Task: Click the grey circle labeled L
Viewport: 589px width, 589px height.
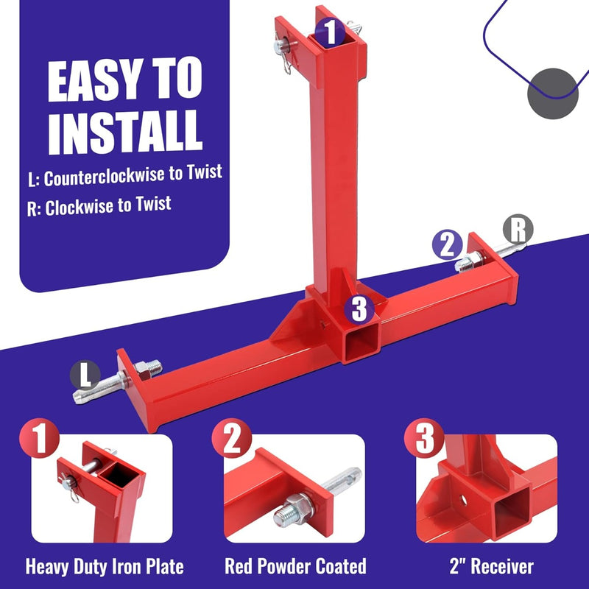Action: [x=85, y=375]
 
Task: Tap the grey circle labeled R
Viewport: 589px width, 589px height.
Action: [x=518, y=229]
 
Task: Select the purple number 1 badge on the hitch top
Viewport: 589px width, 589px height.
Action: [x=330, y=32]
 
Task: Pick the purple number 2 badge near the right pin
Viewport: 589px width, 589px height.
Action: [x=447, y=244]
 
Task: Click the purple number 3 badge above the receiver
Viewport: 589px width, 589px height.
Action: [x=359, y=309]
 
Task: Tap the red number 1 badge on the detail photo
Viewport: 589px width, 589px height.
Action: [x=40, y=438]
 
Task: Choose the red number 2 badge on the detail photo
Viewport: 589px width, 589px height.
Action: [x=232, y=438]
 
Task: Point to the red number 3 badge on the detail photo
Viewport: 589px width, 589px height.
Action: [x=425, y=438]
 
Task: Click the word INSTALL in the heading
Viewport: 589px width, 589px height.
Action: [x=125, y=133]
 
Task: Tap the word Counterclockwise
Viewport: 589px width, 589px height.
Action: [x=104, y=177]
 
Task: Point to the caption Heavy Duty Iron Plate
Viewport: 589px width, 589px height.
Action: [x=105, y=566]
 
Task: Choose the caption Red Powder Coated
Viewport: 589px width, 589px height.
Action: [x=295, y=566]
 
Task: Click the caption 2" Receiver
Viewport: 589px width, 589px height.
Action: [x=491, y=566]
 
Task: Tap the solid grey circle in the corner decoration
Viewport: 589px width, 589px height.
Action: [x=553, y=94]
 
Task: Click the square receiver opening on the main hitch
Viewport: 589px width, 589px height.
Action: [x=361, y=342]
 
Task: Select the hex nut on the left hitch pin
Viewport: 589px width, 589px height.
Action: [x=142, y=370]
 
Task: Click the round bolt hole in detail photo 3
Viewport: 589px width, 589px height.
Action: [x=463, y=500]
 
